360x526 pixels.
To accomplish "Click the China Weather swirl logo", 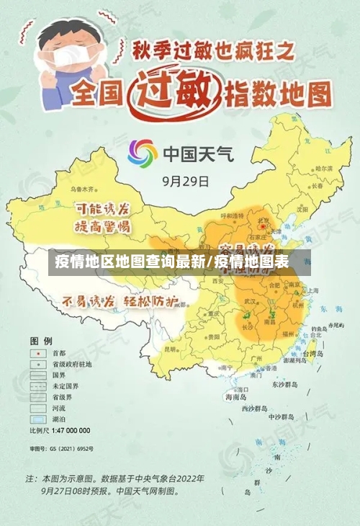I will tap(143, 153).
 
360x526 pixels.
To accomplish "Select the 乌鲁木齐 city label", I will tap(82, 190).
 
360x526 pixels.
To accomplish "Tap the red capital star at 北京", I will tap(264, 228).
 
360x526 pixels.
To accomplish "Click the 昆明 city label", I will tap(171, 349).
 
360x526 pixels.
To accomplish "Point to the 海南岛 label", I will tap(236, 397).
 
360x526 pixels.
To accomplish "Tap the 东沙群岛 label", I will tap(285, 385).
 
